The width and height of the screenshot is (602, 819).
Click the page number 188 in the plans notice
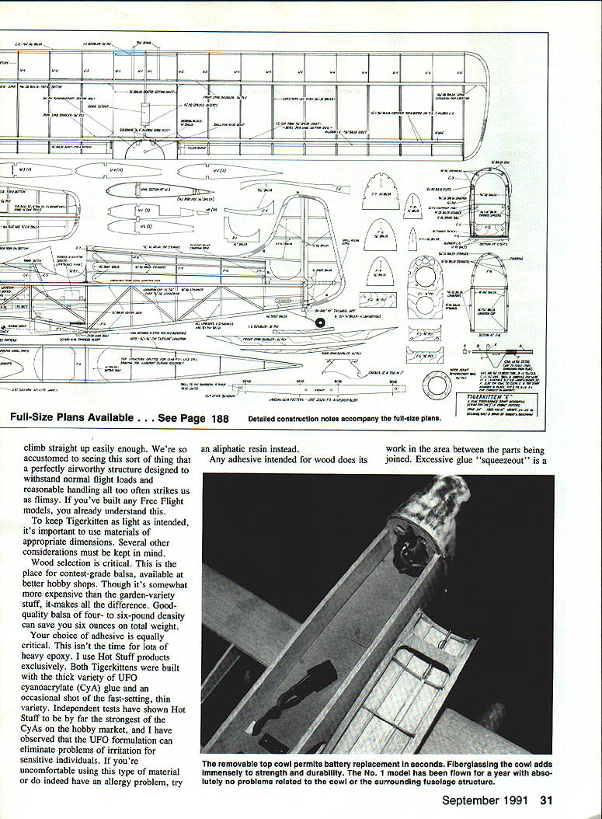pos(220,418)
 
